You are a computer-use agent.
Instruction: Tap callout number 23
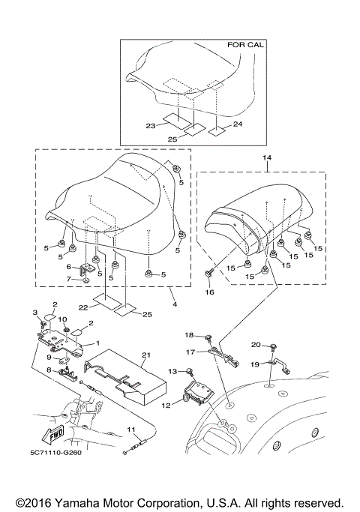(151, 127)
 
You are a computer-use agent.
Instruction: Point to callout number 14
(265, 159)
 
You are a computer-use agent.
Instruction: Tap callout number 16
(208, 292)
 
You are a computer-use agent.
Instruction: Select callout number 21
(146, 354)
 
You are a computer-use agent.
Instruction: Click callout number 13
(172, 370)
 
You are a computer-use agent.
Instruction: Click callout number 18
(189, 334)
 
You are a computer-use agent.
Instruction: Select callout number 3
(34, 311)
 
